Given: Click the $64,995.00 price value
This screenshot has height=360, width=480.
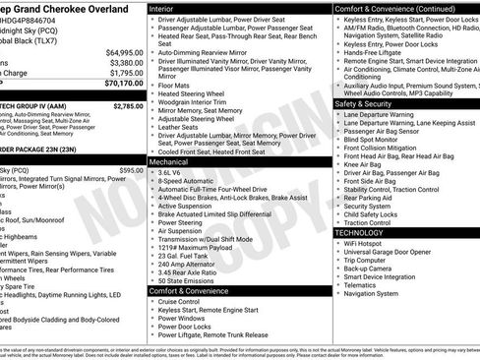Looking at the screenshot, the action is coord(123,52).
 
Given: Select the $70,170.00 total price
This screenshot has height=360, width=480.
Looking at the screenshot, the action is coord(123,84).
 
